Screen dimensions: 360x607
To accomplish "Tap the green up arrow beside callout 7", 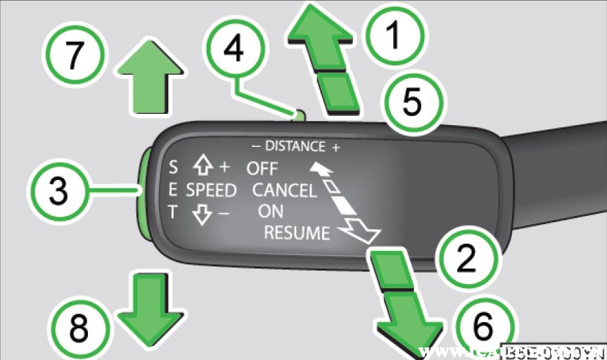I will pyautogui.click(x=150, y=79).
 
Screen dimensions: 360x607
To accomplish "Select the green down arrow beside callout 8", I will pyautogui.click(x=148, y=307).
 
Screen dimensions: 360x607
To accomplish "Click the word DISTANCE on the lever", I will pyautogui.click(x=295, y=147).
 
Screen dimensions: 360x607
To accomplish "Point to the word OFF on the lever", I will pyautogui.click(x=262, y=169).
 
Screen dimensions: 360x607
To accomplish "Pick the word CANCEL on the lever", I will pyautogui.click(x=283, y=190).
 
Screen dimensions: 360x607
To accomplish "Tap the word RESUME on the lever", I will pyautogui.click(x=296, y=233).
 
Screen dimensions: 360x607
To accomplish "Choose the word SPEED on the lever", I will pyautogui.click(x=211, y=191).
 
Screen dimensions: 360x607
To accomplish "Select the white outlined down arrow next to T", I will pyautogui.click(x=203, y=213).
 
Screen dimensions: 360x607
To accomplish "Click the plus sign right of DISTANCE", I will pyautogui.click(x=336, y=147).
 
